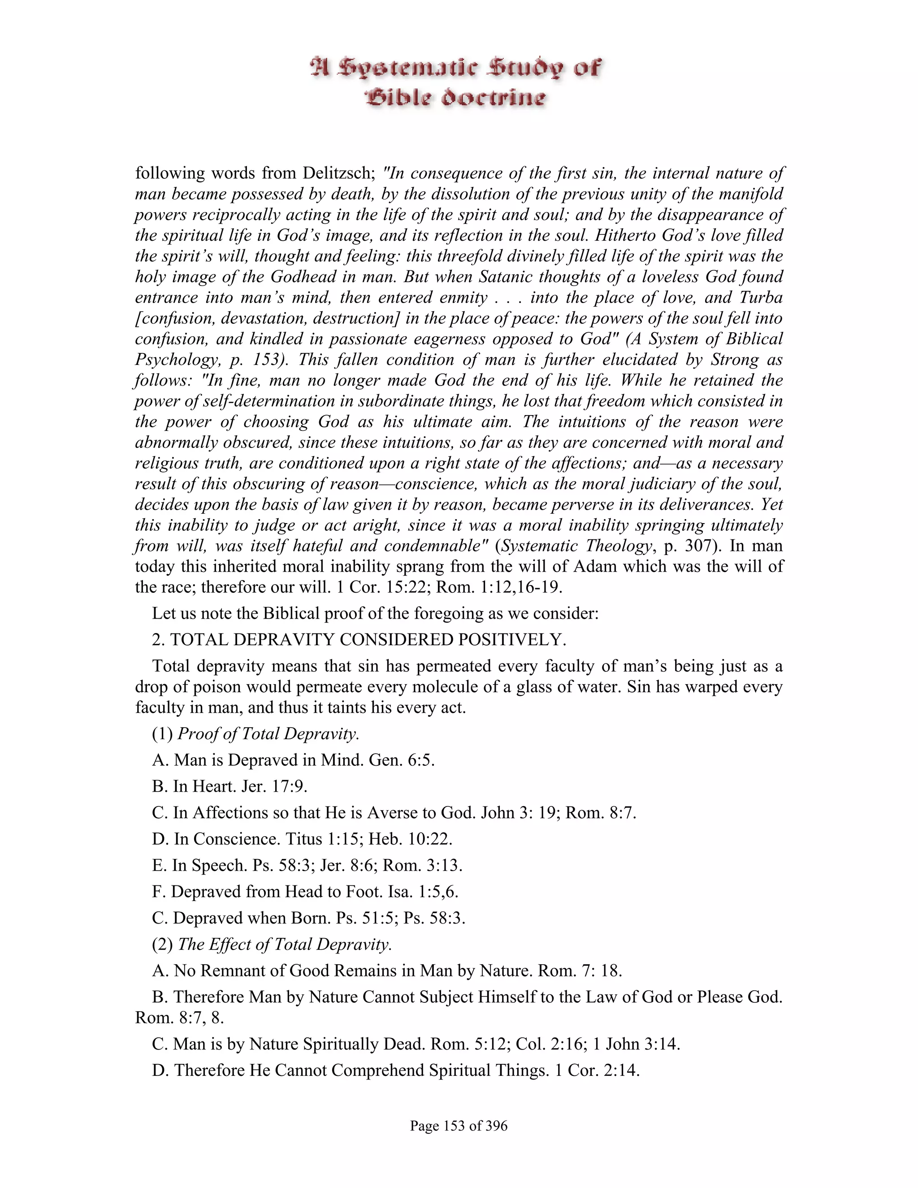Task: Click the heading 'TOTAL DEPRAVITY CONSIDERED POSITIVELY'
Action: click(x=368, y=639)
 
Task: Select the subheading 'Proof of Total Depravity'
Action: click(x=268, y=734)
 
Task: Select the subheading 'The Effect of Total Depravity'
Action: click(x=285, y=944)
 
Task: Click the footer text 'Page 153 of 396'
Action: click(x=459, y=1125)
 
